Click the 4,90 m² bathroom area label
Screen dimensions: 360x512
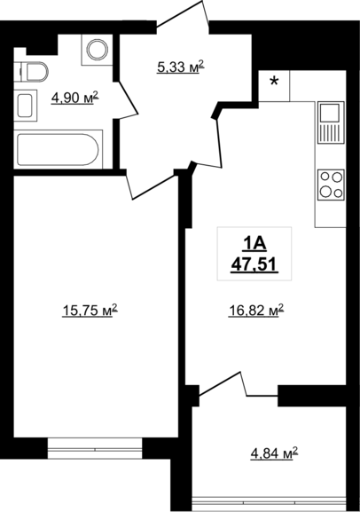tap(74, 98)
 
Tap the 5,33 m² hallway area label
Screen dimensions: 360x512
tap(181, 67)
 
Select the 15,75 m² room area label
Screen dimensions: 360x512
tap(90, 311)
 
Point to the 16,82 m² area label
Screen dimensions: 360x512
tap(256, 311)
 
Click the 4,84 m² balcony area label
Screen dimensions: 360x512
tap(274, 453)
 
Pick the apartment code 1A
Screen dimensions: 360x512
tap(254, 244)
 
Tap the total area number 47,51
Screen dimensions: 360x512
tap(254, 264)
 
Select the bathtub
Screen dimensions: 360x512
tap(59, 150)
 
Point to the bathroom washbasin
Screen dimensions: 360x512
tap(25, 106)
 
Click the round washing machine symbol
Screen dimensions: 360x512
tap(97, 50)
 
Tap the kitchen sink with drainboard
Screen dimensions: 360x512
tap(331, 122)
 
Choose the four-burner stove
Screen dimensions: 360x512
tap(331, 185)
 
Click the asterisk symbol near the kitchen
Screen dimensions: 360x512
tap(275, 82)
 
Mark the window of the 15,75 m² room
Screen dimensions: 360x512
tap(95, 449)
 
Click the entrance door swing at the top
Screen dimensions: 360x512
tap(183, 15)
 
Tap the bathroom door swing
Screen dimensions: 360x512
tap(128, 99)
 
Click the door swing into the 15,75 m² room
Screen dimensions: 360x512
tap(152, 186)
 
